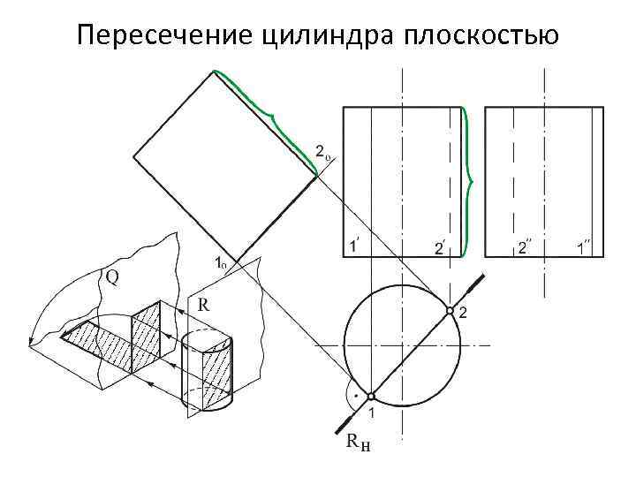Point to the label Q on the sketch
coord(114,276)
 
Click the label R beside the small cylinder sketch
coord(203,305)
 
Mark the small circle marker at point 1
coord(371,396)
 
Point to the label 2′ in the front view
coord(439,248)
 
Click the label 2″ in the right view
coord(524,247)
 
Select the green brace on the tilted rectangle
coord(269,115)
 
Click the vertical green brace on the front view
coord(467,181)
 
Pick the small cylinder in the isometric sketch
coord(208,371)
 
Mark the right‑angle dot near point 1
coord(355,397)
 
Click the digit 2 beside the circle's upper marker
coord(464,314)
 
